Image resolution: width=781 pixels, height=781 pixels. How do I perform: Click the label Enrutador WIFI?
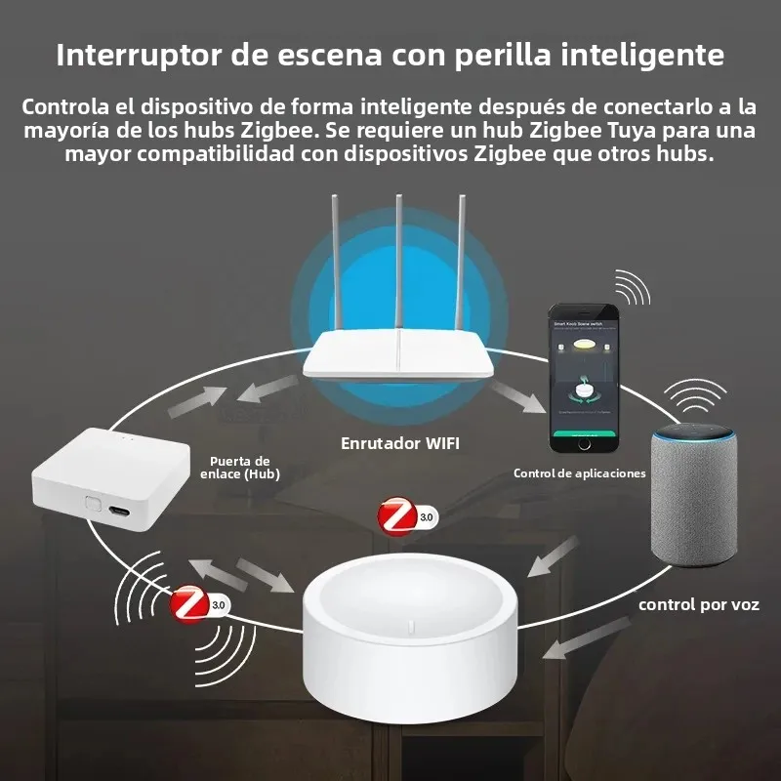click(399, 443)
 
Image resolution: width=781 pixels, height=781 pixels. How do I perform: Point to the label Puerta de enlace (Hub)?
click(244, 468)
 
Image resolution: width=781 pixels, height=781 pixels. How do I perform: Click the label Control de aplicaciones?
click(580, 473)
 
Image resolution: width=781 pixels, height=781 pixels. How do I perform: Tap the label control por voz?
click(698, 604)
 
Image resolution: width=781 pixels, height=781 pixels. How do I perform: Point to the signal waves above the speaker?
click(695, 395)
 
